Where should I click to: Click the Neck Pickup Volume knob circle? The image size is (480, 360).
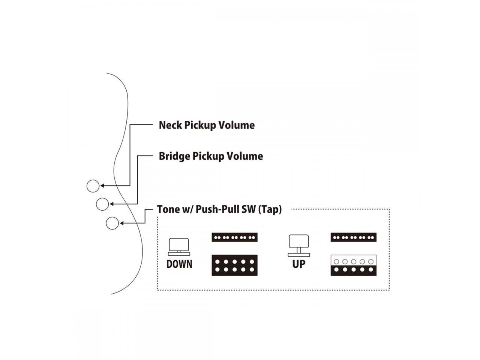[x=93, y=186]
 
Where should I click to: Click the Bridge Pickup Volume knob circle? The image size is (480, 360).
[x=102, y=204]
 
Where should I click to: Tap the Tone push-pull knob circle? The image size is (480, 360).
[x=112, y=223]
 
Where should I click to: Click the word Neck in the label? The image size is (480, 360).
[x=170, y=125]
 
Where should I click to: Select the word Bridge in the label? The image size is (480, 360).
[x=174, y=156]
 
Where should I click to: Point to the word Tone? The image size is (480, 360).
[x=168, y=209]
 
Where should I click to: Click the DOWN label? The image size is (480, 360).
[x=179, y=264]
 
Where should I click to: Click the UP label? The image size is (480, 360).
[x=298, y=264]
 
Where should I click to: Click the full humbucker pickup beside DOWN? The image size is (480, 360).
[x=234, y=265]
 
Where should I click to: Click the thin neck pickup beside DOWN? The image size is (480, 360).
[x=234, y=237]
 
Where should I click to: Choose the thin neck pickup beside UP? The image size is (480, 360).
[x=354, y=237]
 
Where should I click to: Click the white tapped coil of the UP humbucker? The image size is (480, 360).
[x=354, y=261]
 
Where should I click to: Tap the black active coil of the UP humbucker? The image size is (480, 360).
[x=354, y=270]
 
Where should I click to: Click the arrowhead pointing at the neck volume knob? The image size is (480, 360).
[x=102, y=186]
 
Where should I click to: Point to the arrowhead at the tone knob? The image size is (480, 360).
[x=121, y=223]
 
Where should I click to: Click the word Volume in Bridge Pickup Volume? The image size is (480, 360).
[x=245, y=156]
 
